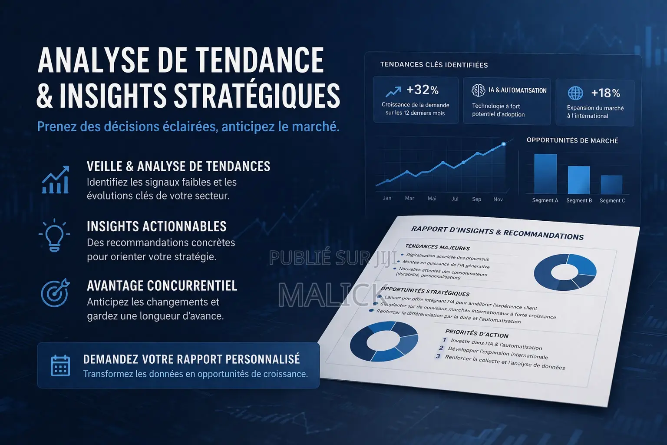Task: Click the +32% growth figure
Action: pyautogui.click(x=422, y=90)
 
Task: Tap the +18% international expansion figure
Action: pyautogui.click(x=606, y=93)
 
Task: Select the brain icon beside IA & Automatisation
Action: pyautogui.click(x=478, y=90)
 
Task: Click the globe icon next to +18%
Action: pyautogui.click(x=575, y=93)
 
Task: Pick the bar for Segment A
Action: pyautogui.click(x=545, y=174)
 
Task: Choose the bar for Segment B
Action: pyautogui.click(x=578, y=180)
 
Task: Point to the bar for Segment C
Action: pyautogui.click(x=611, y=185)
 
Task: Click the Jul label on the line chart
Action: pyautogui.click(x=455, y=199)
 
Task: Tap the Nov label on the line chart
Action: pyautogui.click(x=498, y=199)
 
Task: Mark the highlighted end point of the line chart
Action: pyautogui.click(x=504, y=144)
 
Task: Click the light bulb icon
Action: pyautogui.click(x=54, y=235)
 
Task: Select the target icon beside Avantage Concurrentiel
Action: pyautogui.click(x=56, y=293)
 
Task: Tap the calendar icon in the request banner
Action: pyautogui.click(x=60, y=365)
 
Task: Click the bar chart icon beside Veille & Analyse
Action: pyautogui.click(x=56, y=180)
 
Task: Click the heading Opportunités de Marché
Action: pyautogui.click(x=572, y=140)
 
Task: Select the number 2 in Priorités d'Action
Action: pyautogui.click(x=441, y=348)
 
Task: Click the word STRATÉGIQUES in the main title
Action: pyautogui.click(x=257, y=95)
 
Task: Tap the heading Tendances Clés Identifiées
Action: pyautogui.click(x=434, y=65)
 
